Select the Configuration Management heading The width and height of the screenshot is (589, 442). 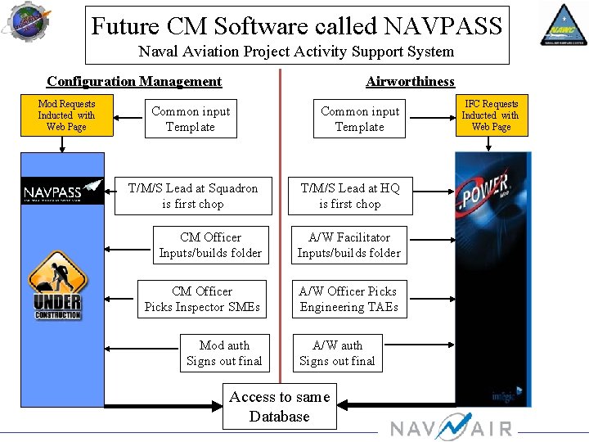tap(134, 81)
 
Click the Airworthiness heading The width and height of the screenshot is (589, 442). tap(410, 81)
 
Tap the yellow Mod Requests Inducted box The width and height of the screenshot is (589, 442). tap(66, 115)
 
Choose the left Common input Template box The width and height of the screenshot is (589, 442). tap(191, 120)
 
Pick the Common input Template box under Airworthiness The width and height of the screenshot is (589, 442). tap(360, 120)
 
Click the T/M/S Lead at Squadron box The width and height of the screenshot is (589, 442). tap(193, 196)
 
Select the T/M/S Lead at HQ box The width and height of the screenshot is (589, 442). tap(350, 196)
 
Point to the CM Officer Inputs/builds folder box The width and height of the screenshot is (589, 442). tap(210, 246)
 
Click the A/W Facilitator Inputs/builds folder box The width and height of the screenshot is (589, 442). tap(349, 246)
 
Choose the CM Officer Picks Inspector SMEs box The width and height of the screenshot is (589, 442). tap(202, 300)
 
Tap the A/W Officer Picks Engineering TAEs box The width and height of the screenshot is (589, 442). tap(349, 300)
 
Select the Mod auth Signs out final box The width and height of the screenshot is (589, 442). tap(224, 354)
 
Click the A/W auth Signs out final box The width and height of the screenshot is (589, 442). tap(337, 354)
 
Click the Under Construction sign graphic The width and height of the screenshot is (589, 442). tap(57, 286)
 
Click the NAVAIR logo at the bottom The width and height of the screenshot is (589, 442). tap(451, 428)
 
